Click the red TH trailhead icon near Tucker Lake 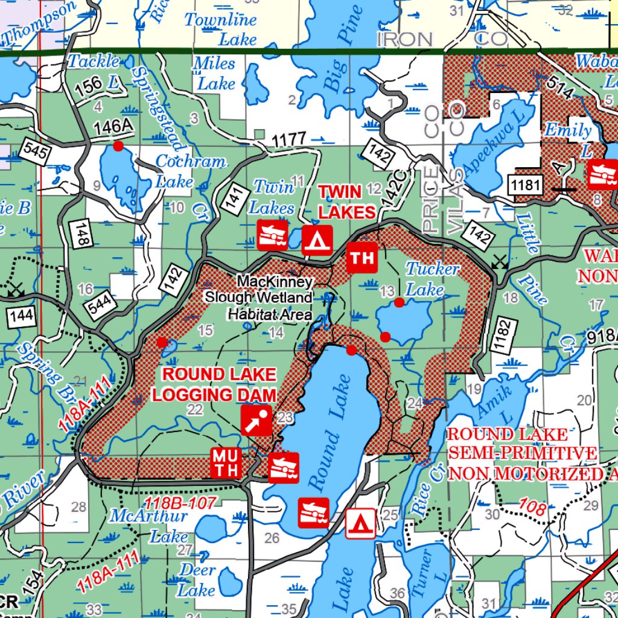click(362, 258)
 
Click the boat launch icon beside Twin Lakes click(273, 235)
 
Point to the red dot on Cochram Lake click(118, 146)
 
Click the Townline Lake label click(220, 29)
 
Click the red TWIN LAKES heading click(347, 202)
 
